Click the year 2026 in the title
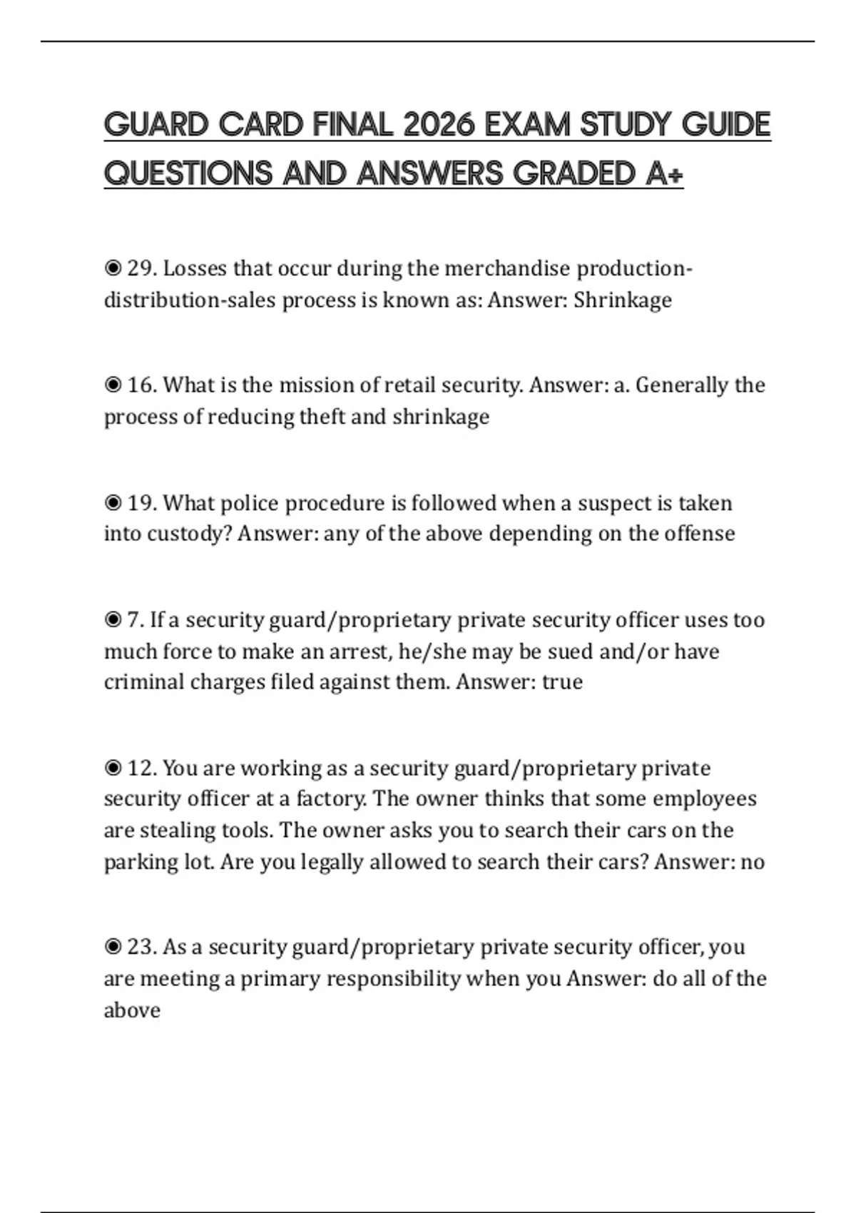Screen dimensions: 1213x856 coord(439,126)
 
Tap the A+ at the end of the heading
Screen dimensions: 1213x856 coord(664,174)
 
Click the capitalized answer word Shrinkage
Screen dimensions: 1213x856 coord(622,300)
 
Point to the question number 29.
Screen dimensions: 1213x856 coord(141,268)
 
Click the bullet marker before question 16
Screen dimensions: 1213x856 coord(113,385)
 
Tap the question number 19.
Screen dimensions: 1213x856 coord(141,503)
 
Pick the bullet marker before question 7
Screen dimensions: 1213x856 coord(113,620)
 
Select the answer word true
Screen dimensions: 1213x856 coord(562,682)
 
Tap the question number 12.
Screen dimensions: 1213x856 coord(141,768)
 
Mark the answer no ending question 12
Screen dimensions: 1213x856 coord(753,862)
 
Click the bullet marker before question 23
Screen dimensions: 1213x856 coord(113,948)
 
